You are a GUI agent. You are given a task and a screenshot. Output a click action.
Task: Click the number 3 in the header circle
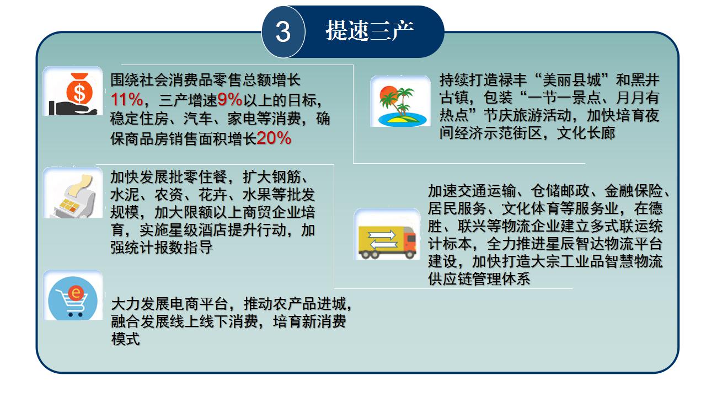pyautogui.click(x=283, y=32)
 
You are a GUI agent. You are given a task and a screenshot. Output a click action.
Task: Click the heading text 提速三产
pyautogui.click(x=370, y=30)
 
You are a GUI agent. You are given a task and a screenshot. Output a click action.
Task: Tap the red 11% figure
pyautogui.click(x=127, y=100)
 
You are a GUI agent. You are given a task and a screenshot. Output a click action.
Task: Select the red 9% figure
pyautogui.click(x=230, y=100)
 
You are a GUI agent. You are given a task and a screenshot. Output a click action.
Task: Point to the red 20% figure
pyautogui.click(x=274, y=138)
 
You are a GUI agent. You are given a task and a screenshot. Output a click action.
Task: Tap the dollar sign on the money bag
pyautogui.click(x=79, y=93)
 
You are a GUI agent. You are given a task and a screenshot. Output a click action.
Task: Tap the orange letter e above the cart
pyautogui.click(x=76, y=293)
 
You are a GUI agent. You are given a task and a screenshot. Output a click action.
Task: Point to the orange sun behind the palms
pyautogui.click(x=388, y=95)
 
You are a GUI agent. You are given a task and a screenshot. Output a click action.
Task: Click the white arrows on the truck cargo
pyautogui.click(x=382, y=240)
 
